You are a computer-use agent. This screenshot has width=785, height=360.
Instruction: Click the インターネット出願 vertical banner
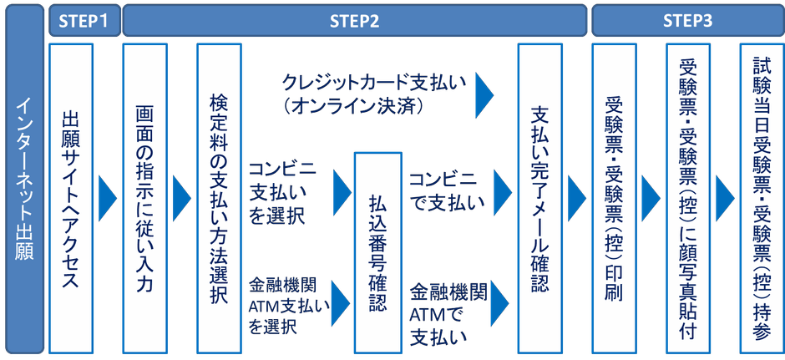point(23,180)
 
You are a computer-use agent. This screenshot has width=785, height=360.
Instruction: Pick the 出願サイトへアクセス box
point(72,198)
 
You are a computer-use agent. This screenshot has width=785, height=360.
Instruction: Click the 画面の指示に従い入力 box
point(144,198)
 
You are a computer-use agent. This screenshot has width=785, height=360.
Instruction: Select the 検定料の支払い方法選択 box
point(219,198)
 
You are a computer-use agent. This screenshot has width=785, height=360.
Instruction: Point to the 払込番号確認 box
point(377,251)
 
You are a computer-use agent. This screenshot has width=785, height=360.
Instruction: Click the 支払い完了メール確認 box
point(539,198)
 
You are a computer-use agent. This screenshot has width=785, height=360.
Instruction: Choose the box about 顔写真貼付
point(687,198)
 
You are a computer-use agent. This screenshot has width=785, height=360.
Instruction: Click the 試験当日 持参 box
point(761,198)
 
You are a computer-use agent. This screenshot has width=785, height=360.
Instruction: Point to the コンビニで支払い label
point(443,190)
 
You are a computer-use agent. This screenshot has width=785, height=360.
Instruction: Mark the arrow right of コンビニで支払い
point(502,190)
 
